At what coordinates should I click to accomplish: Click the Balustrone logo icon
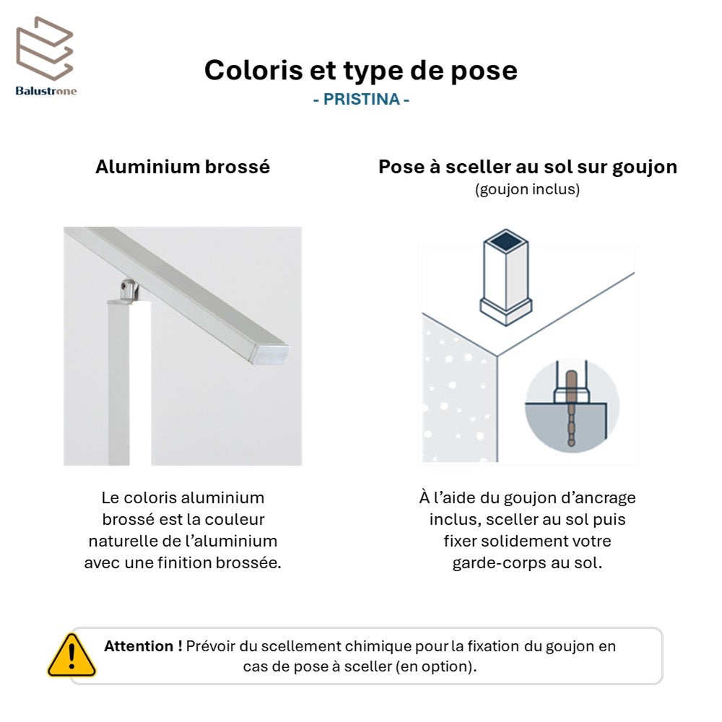click(x=45, y=49)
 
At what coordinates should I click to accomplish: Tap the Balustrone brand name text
click(x=46, y=91)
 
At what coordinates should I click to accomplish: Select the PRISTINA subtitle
click(x=362, y=99)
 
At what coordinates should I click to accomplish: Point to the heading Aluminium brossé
click(x=183, y=167)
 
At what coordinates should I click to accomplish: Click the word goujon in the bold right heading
click(x=644, y=168)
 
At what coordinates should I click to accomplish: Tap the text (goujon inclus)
click(x=527, y=189)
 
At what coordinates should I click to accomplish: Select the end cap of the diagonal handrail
click(x=270, y=354)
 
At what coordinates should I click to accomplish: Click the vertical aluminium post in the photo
click(x=129, y=382)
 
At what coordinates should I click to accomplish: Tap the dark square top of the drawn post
click(x=505, y=240)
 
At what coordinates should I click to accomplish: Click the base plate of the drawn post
click(x=506, y=312)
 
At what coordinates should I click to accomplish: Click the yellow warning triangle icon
click(x=71, y=656)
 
